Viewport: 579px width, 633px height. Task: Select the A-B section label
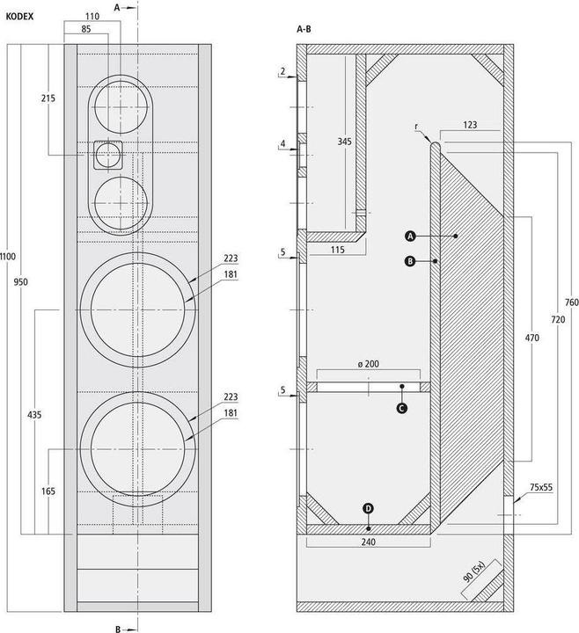click(304, 29)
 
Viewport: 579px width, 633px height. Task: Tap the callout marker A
click(410, 236)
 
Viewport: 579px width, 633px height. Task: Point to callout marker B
click(410, 261)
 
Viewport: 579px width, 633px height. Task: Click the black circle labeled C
click(402, 408)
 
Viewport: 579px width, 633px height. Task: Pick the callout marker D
click(368, 507)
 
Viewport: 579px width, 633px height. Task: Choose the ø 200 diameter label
click(369, 363)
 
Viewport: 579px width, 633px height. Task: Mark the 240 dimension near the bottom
click(369, 543)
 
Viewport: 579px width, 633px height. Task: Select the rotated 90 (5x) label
click(483, 578)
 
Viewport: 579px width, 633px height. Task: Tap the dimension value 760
click(571, 302)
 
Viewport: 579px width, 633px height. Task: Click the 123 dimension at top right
click(470, 126)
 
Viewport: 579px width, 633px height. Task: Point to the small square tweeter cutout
click(108, 155)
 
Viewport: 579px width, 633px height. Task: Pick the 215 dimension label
click(48, 98)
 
